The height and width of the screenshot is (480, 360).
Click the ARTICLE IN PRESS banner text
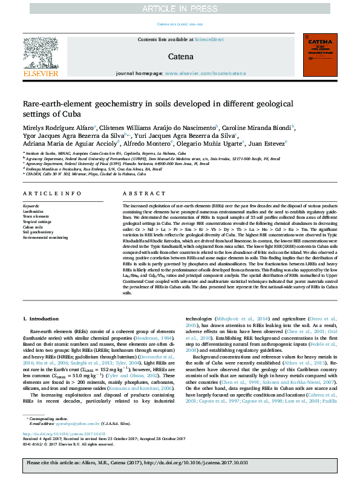pyautogui.click(x=180, y=9)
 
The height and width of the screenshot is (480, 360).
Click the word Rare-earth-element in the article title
pyautogui.click(x=58, y=103)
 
